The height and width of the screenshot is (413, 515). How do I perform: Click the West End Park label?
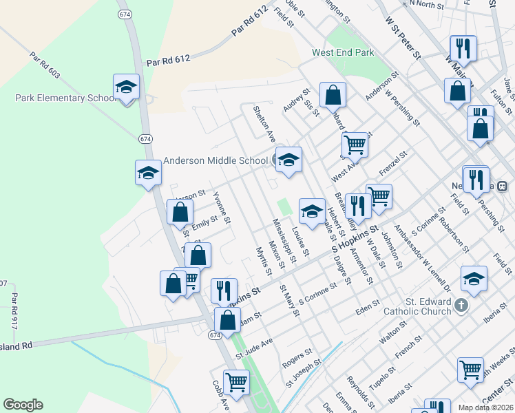[342, 52]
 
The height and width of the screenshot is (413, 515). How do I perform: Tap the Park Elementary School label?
[65, 98]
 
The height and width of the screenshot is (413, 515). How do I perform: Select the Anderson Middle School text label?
[215, 161]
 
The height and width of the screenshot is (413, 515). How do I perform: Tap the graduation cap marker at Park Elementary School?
[126, 87]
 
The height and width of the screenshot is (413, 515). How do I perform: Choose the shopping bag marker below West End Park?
[333, 96]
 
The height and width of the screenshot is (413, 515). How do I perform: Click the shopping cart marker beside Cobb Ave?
[236, 381]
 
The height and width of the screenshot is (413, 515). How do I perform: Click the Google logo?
[23, 405]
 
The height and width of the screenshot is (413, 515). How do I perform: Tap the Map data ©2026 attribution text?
[485, 407]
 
